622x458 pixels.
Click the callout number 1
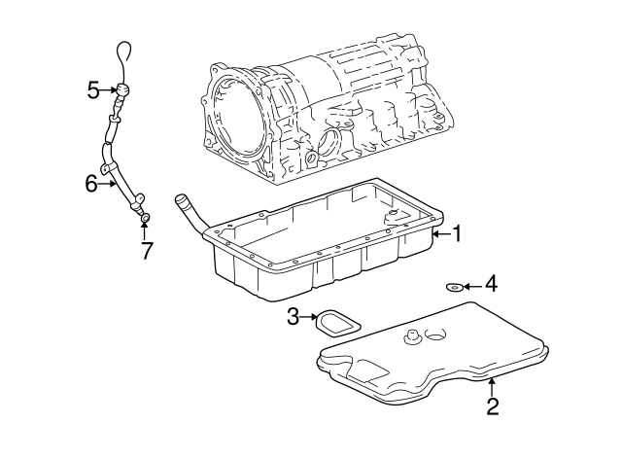click(458, 233)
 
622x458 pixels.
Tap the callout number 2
click(493, 406)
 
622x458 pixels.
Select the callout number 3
click(293, 317)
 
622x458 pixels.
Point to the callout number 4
click(491, 284)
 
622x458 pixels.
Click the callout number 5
click(93, 90)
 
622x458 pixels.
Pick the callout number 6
click(91, 184)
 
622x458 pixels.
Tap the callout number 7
click(147, 251)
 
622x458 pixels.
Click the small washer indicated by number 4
click(454, 286)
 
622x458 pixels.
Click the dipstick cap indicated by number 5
click(122, 90)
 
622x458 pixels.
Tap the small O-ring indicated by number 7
click(146, 218)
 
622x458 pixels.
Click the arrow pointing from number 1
click(442, 233)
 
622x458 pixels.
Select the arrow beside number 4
click(473, 286)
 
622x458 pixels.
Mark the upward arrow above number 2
click(492, 387)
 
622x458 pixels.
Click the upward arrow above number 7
click(145, 231)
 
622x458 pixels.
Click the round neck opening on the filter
click(435, 335)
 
